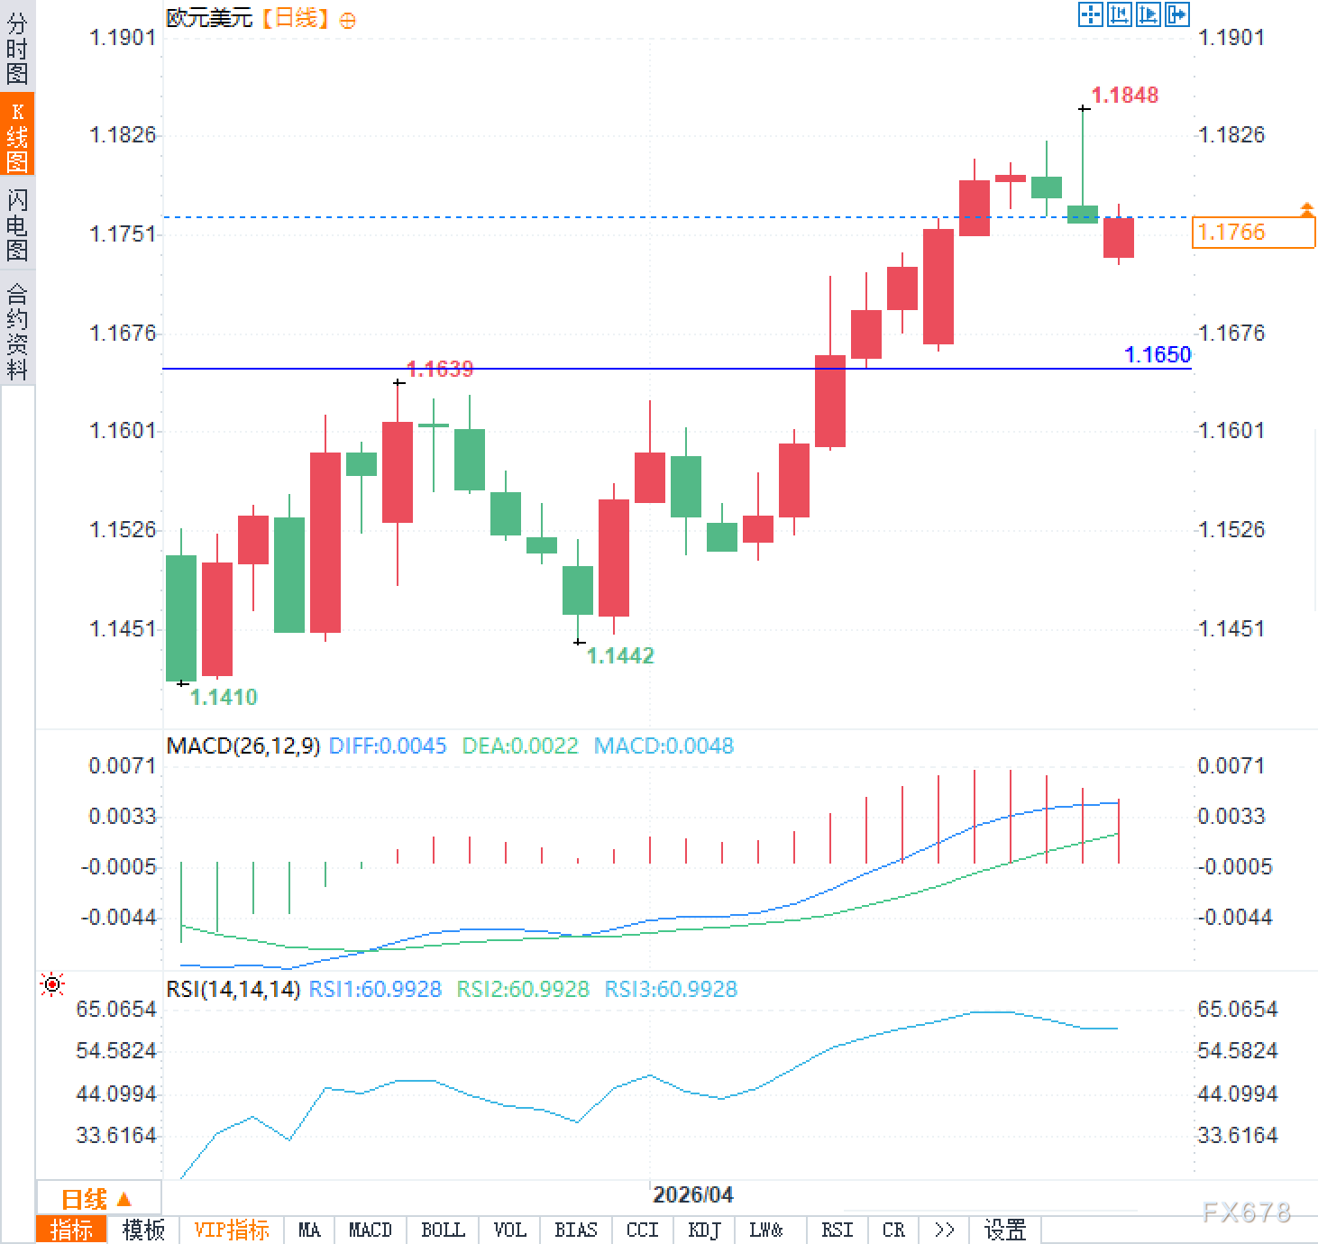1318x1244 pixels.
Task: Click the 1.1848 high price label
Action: click(x=1124, y=95)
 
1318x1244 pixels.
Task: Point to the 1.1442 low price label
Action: click(x=620, y=655)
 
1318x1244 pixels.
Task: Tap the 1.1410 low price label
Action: click(x=224, y=697)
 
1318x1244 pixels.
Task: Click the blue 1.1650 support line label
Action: click(x=1158, y=354)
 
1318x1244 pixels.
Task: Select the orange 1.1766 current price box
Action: click(x=1252, y=233)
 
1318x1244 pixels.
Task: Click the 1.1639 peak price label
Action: click(x=440, y=369)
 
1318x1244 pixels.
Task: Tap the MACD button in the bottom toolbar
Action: click(x=370, y=1230)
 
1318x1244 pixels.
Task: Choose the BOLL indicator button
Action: click(x=443, y=1230)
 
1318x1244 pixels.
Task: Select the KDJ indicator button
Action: click(x=704, y=1230)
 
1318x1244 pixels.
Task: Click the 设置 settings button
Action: click(x=1005, y=1230)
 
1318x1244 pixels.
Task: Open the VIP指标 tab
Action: click(x=232, y=1230)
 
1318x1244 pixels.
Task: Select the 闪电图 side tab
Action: click(x=17, y=224)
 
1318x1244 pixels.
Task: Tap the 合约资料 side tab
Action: click(x=17, y=330)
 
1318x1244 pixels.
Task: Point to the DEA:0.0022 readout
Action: click(x=519, y=745)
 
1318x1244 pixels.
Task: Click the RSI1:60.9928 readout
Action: click(x=375, y=989)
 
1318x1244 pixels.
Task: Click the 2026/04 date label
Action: click(x=692, y=1194)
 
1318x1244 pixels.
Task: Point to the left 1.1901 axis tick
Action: click(x=123, y=37)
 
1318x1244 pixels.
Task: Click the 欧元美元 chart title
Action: click(x=209, y=17)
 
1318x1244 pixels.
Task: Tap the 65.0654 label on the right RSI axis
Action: click(x=1237, y=1009)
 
